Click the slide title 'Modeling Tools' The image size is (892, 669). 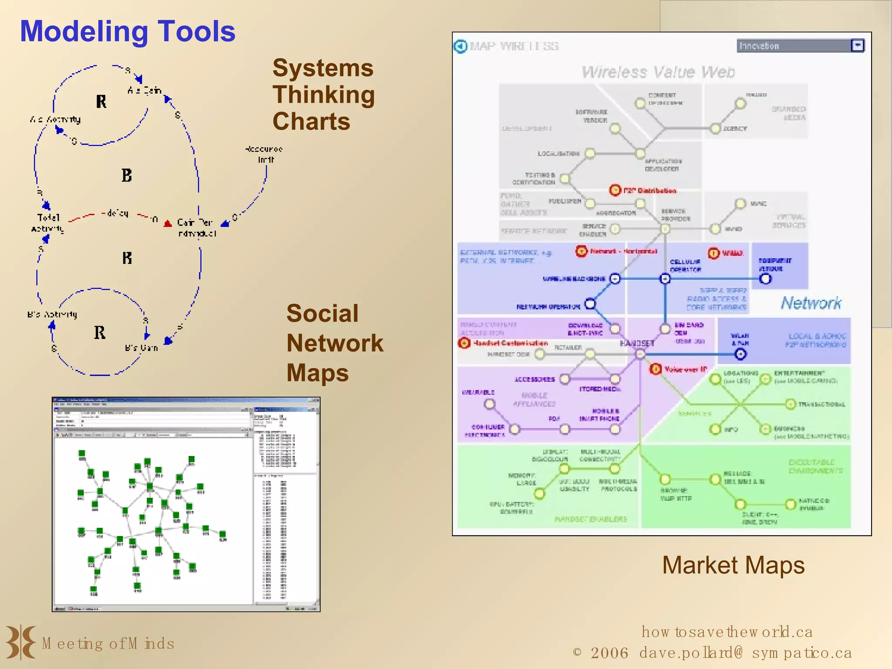127,31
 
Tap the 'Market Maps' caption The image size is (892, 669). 733,565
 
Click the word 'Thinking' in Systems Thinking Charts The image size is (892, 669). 324,95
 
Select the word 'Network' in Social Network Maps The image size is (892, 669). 334,343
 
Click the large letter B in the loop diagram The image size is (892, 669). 126,176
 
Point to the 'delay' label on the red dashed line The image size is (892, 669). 117,213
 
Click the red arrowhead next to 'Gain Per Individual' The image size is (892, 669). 168,224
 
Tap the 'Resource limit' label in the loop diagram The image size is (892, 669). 264,154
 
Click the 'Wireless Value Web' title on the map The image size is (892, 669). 658,72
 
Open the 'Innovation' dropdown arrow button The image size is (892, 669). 857,46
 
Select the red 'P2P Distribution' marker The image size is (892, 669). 615,190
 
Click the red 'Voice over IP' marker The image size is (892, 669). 655,369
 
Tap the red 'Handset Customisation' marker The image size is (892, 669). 464,343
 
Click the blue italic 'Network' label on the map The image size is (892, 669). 811,303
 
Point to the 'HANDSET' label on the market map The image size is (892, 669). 637,344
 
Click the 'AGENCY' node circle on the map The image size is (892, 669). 715,129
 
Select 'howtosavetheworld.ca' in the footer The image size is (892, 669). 726,632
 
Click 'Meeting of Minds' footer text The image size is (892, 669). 108,644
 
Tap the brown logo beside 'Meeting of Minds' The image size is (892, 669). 20,642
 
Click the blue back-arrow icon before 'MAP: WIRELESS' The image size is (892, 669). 460,46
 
